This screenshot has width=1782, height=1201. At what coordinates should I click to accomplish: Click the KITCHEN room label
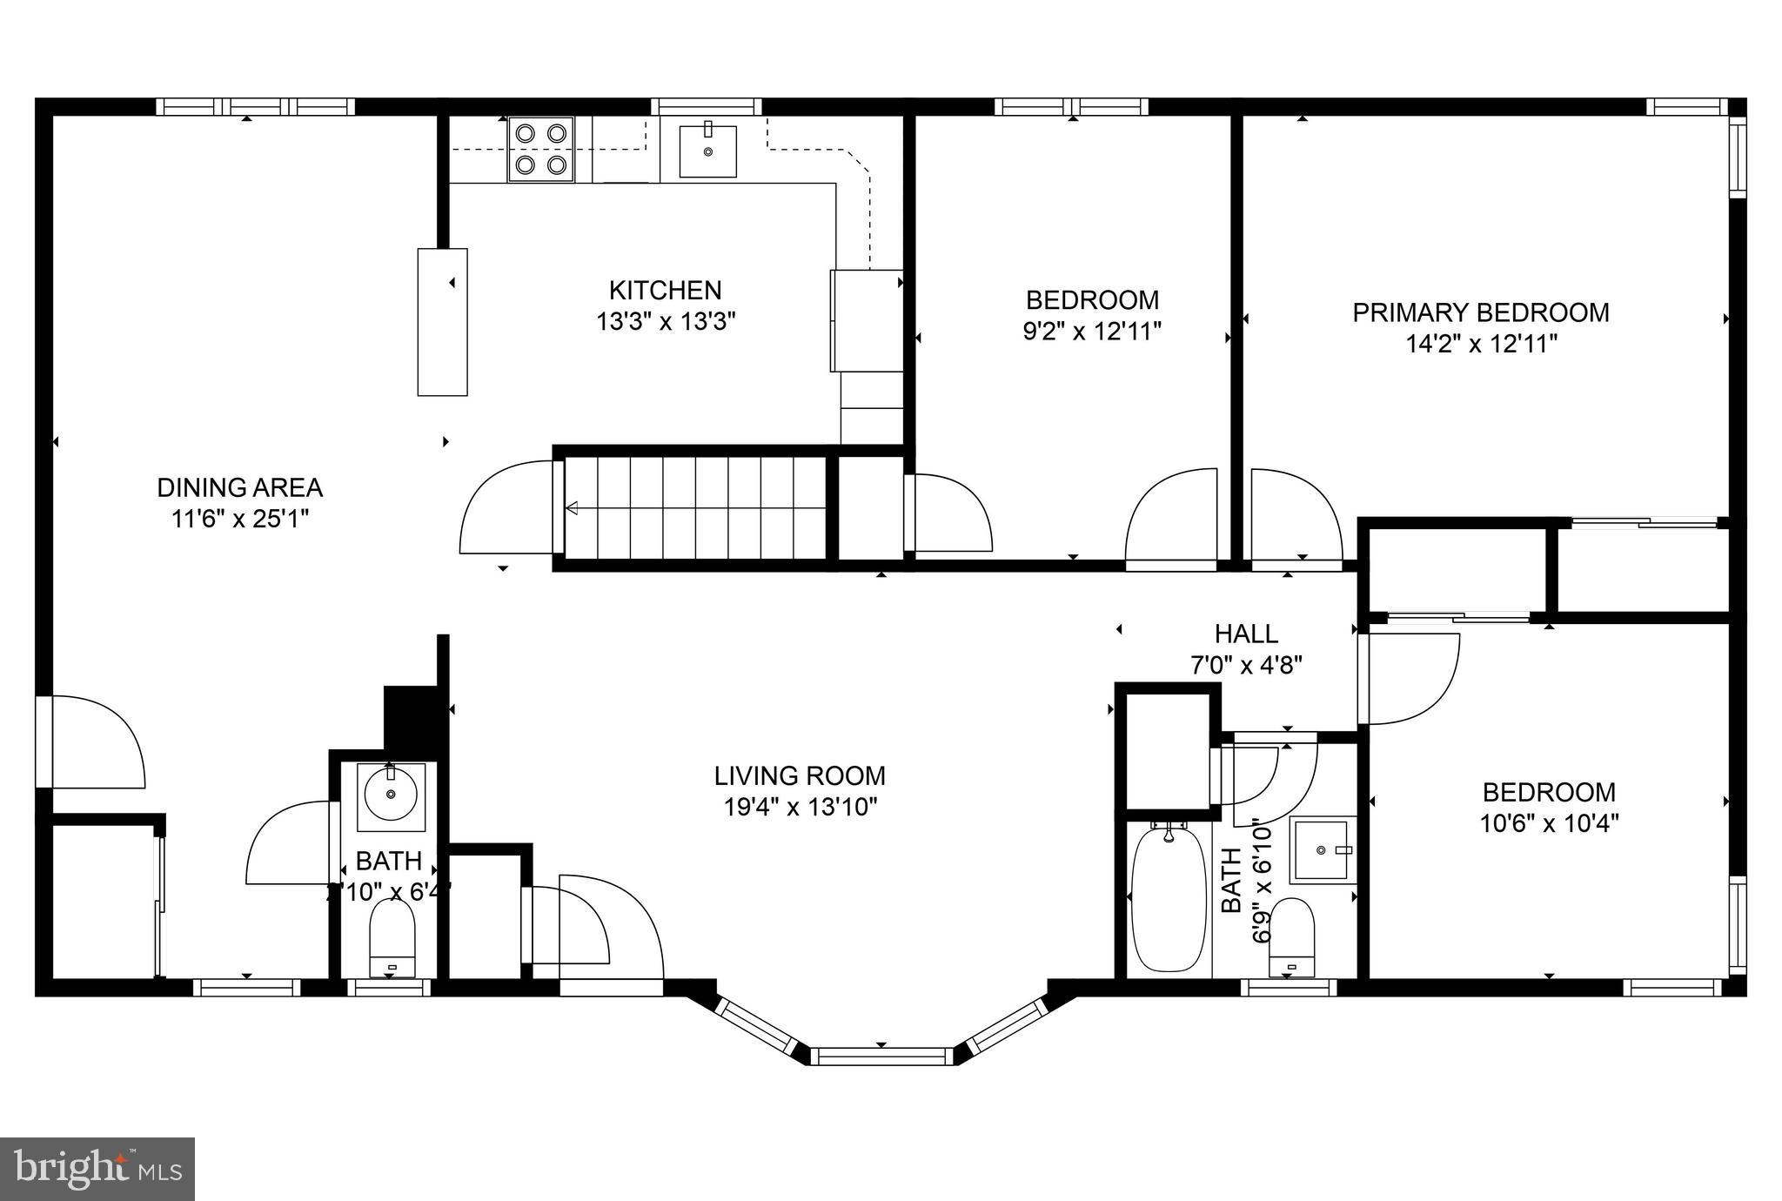pyautogui.click(x=665, y=290)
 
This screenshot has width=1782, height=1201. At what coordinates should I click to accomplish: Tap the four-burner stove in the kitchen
pyautogui.click(x=541, y=149)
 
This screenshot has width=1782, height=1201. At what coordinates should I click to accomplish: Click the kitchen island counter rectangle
pyautogui.click(x=442, y=322)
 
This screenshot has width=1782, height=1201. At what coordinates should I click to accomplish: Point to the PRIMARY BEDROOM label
pyautogui.click(x=1480, y=312)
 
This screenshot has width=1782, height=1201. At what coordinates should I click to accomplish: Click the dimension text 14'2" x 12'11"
pyautogui.click(x=1481, y=345)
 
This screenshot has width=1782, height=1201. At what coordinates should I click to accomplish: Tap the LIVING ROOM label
pyautogui.click(x=800, y=775)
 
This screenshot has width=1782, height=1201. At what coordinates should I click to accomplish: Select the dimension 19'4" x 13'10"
pyautogui.click(x=800, y=808)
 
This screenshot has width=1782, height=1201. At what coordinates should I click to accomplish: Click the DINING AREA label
pyautogui.click(x=240, y=487)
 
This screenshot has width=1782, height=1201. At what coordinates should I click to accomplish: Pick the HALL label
pyautogui.click(x=1246, y=634)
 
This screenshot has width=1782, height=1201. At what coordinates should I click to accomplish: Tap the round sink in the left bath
pyautogui.click(x=391, y=794)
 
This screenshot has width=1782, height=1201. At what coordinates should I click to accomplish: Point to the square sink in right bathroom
pyautogui.click(x=1322, y=849)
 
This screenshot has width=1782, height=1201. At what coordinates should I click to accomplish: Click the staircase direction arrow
pyautogui.click(x=574, y=508)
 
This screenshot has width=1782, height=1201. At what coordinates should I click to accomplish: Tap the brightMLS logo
pyautogui.click(x=97, y=1169)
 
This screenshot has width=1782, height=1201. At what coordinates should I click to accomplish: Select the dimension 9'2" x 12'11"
pyautogui.click(x=1092, y=332)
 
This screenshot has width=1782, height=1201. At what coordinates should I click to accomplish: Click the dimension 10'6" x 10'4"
pyautogui.click(x=1549, y=823)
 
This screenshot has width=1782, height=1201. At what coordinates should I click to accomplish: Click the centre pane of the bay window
pyautogui.click(x=882, y=1056)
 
